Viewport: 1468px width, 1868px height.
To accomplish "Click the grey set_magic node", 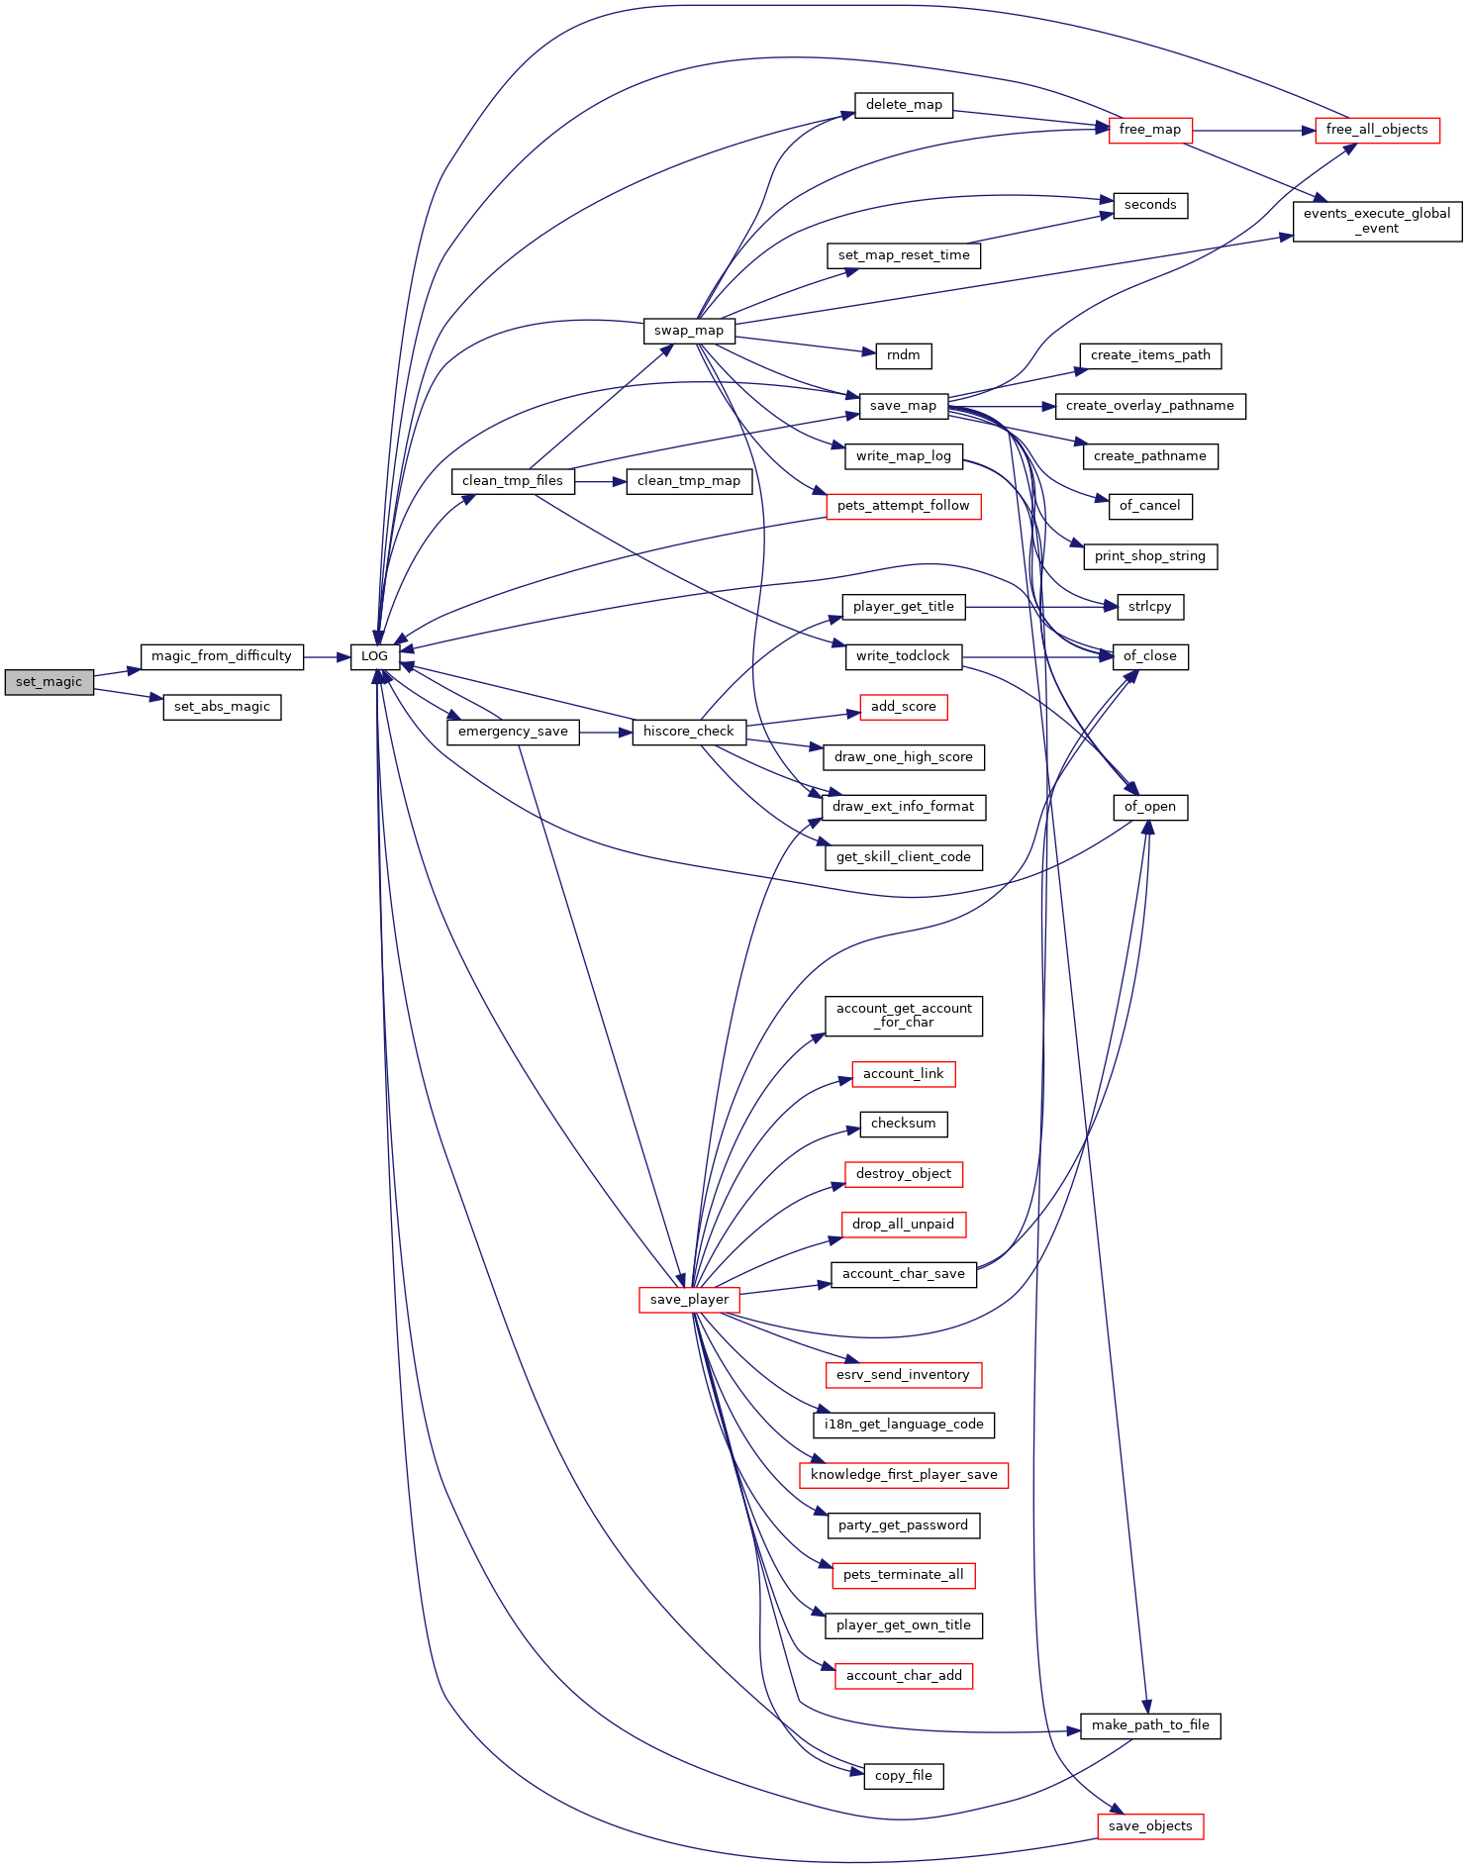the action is point(49,682).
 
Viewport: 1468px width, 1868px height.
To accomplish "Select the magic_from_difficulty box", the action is point(222,656).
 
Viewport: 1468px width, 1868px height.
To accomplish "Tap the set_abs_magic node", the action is point(222,707).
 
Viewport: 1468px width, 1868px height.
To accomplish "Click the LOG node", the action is point(375,656).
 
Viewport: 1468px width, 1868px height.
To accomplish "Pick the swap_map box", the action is point(689,331).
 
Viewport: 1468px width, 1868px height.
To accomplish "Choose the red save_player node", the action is point(689,1300).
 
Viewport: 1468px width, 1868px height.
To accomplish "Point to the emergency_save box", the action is point(513,732).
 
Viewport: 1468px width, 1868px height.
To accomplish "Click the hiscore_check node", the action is point(689,732).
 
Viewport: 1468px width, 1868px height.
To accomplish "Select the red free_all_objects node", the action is point(1377,130).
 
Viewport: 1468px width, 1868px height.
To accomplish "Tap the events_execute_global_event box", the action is point(1377,221).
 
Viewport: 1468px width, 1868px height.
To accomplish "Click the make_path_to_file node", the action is point(1150,1725).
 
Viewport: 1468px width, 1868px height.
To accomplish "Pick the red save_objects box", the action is point(1150,1826).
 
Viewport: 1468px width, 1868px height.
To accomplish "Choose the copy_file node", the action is point(904,1776).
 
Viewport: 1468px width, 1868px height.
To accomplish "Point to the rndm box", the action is point(904,355).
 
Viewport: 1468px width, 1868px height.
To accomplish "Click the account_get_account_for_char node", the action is point(904,1016).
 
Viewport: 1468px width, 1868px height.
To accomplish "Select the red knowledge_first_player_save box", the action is point(904,1475).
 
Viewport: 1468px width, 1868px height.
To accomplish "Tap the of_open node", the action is point(1150,807).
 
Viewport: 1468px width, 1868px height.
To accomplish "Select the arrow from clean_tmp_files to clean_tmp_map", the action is point(601,481).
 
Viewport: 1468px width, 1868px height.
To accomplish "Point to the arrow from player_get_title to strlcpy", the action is point(1040,607).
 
